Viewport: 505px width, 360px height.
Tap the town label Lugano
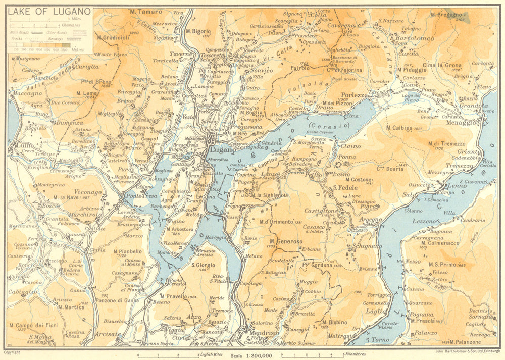[x=222, y=150]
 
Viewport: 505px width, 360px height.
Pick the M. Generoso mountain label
[x=286, y=242]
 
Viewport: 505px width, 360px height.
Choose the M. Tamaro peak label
[x=146, y=12]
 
